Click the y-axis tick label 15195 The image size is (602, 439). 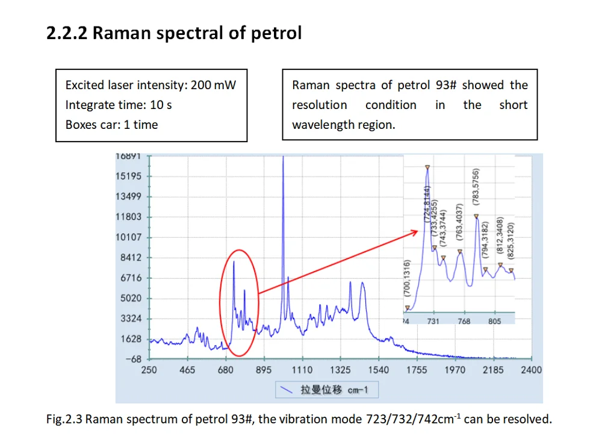(129, 176)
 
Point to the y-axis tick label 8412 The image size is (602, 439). (129, 258)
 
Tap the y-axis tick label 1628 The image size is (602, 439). (129, 339)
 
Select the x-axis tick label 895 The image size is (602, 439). (264, 370)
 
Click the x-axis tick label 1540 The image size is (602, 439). (378, 370)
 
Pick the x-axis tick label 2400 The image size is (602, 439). (531, 370)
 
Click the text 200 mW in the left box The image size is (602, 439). (213, 85)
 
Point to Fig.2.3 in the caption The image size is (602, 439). (64, 419)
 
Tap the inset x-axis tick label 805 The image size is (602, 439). (494, 322)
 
